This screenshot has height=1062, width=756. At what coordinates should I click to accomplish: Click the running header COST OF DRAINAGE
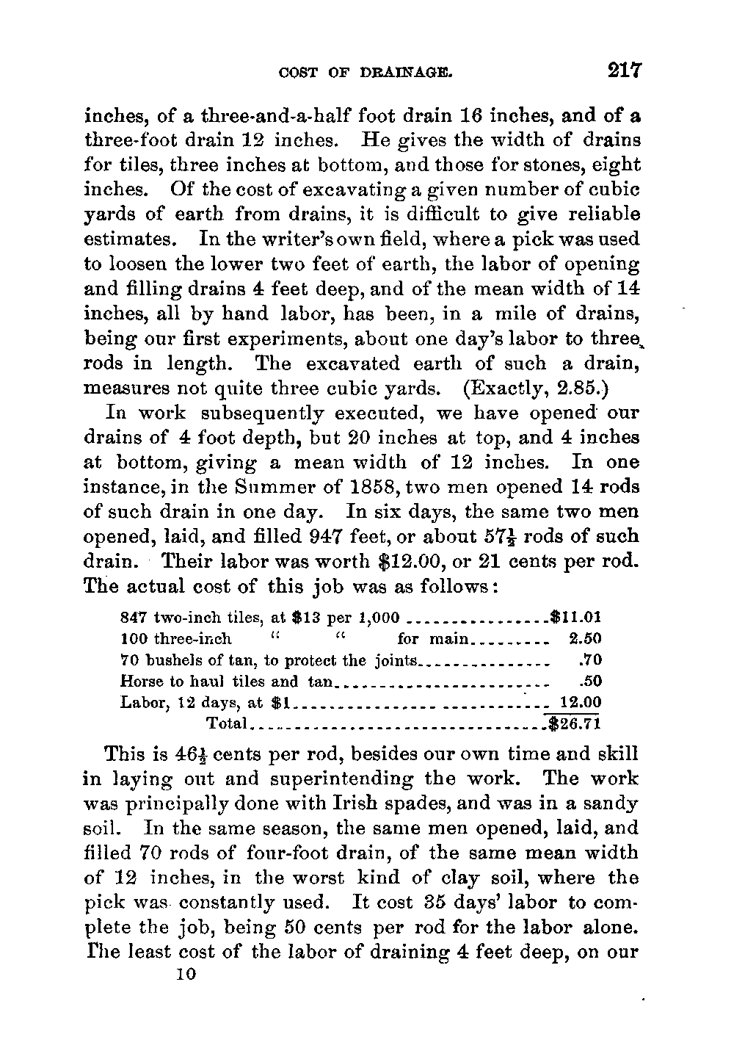(364, 73)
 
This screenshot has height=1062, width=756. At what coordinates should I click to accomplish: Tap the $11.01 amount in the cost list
(576, 616)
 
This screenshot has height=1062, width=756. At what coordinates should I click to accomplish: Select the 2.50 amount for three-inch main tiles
(585, 638)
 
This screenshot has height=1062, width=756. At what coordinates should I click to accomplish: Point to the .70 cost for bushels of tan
(590, 660)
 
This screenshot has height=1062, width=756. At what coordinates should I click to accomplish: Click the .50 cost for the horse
(590, 681)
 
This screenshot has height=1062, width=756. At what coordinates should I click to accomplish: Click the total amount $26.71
(575, 723)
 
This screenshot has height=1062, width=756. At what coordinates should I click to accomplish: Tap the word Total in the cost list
(226, 723)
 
